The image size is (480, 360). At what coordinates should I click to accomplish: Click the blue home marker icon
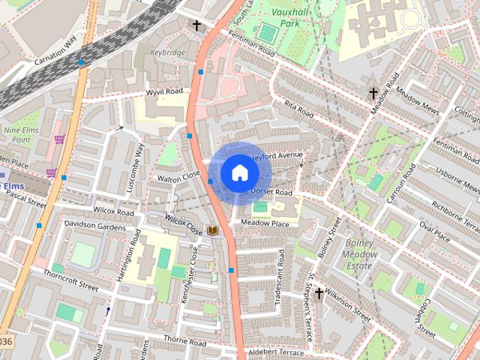tap(239, 172)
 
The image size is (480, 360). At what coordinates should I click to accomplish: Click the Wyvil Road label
tap(165, 91)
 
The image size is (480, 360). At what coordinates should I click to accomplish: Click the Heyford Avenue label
tap(278, 156)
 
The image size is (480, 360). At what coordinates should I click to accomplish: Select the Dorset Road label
tap(271, 193)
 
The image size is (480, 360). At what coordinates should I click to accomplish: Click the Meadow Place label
tap(265, 223)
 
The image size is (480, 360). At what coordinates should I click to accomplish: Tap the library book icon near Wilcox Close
tap(213, 231)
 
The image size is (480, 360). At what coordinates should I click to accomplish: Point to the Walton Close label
tap(179, 176)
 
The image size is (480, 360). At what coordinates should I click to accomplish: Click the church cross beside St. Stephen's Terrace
tap(319, 293)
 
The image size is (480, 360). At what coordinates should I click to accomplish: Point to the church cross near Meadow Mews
tap(373, 94)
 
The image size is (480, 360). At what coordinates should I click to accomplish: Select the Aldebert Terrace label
tap(276, 352)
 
